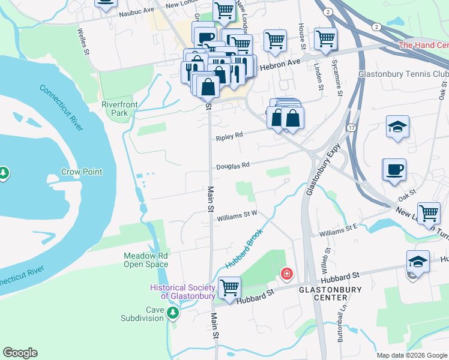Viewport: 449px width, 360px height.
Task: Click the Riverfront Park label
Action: point(119,109)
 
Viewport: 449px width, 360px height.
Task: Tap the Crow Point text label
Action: point(82,172)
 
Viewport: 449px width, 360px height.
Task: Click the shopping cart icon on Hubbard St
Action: point(229,287)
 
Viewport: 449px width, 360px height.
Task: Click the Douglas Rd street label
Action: point(232,165)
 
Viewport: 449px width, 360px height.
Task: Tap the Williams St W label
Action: point(237,213)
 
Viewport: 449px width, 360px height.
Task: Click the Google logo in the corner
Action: point(20,353)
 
